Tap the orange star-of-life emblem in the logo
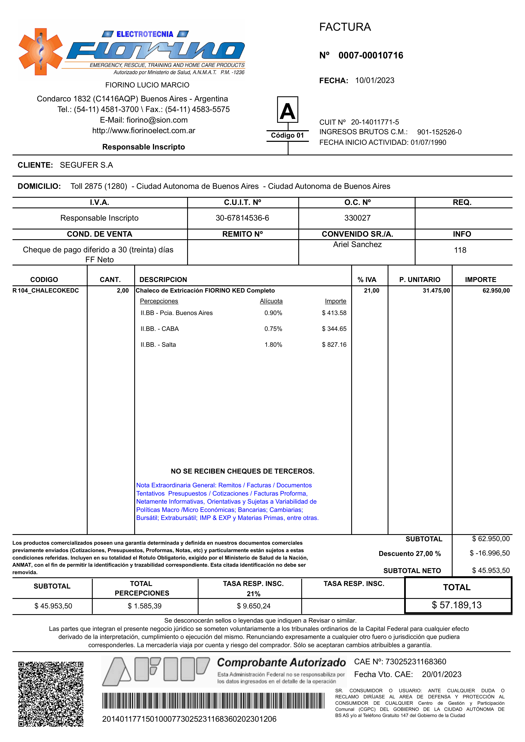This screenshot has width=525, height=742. coord(40,52)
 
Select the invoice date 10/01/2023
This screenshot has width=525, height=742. coord(375,80)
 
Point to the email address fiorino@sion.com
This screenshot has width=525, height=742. coord(157,120)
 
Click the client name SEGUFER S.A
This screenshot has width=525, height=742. coord(86,165)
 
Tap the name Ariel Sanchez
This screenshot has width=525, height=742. coord(357,245)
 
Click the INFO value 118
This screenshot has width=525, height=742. coord(460,250)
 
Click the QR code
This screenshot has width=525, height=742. coord(51,694)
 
